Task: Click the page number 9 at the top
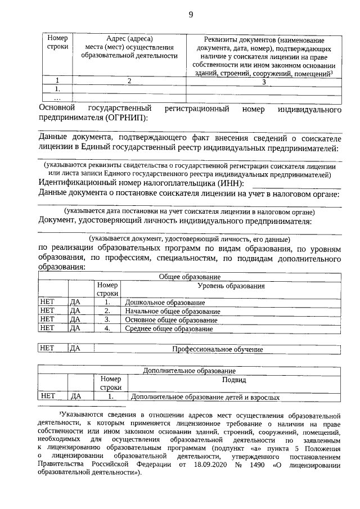coord(191,15)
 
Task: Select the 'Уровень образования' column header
coord(231,286)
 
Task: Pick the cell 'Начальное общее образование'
coord(172,311)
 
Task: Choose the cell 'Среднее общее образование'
coord(169,328)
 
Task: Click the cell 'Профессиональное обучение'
coord(217,349)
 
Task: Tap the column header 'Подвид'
coord(234,380)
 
